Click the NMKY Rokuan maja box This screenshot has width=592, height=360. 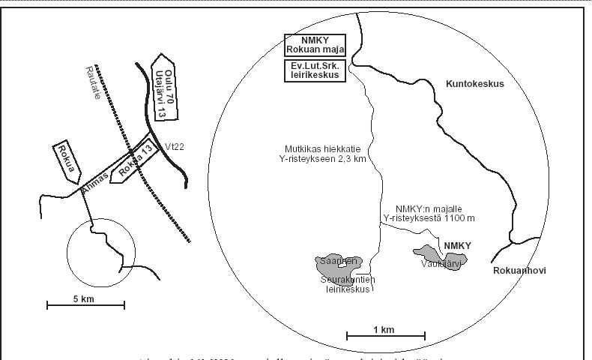tap(315, 46)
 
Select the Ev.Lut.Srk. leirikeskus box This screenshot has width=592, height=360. tap(315, 71)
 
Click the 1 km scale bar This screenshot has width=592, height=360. tap(386, 335)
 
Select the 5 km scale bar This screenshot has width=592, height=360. tap(85, 304)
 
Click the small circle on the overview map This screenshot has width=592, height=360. tap(101, 252)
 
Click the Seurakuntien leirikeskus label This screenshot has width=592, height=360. tap(348, 285)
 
